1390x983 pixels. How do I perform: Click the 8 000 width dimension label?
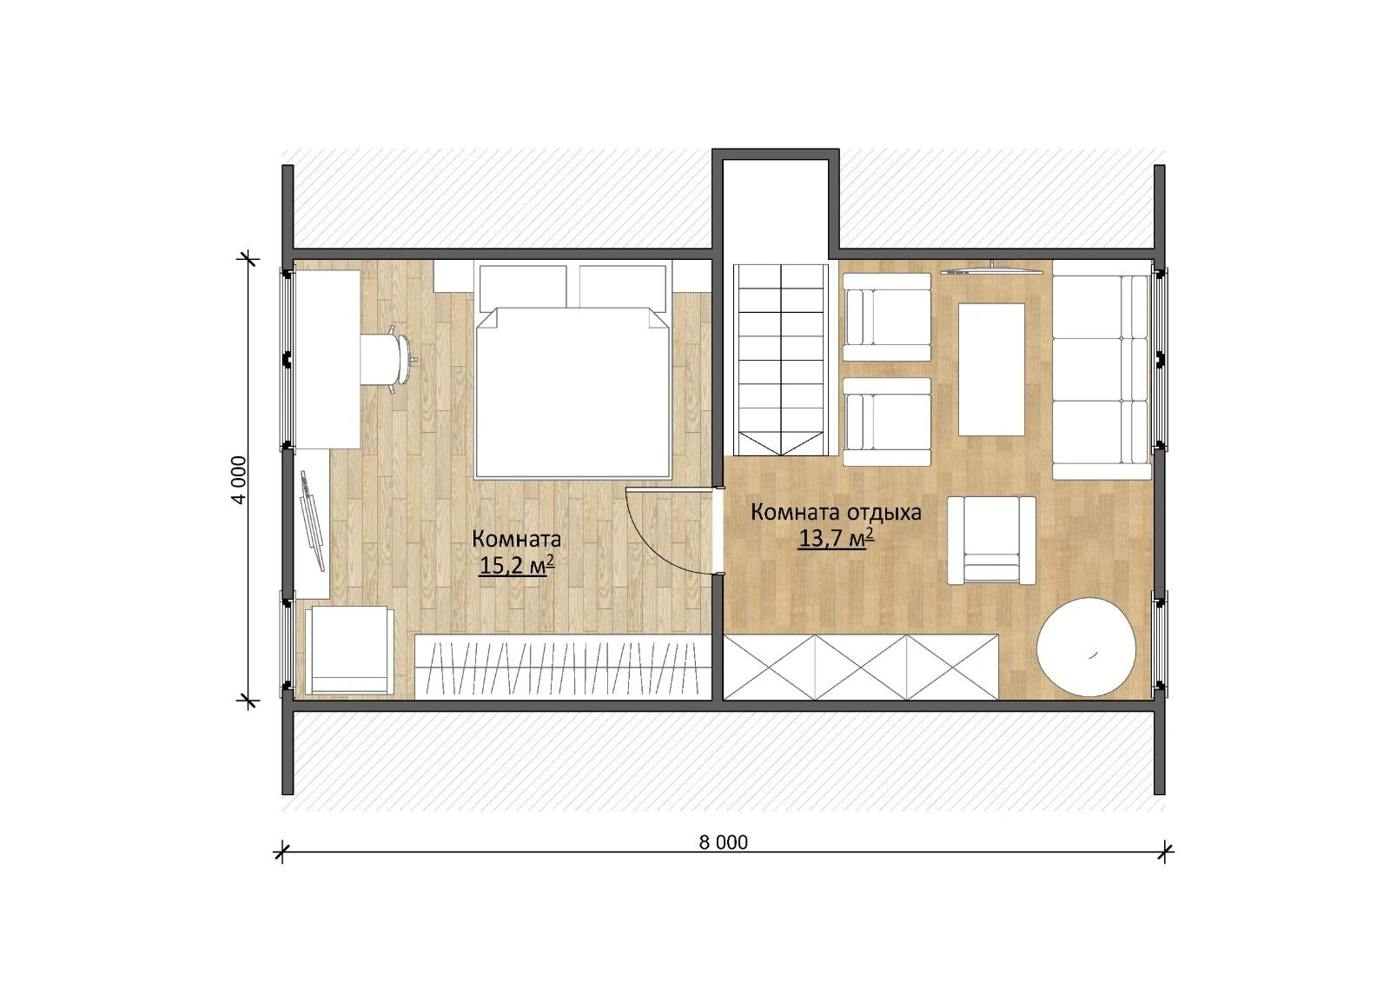point(723,842)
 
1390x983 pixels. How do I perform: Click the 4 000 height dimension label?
point(240,480)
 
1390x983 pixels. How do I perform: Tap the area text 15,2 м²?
point(516,566)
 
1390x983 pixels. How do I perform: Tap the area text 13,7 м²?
point(836,538)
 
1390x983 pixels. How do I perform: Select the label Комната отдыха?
point(836,512)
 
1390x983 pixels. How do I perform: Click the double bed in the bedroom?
point(573,369)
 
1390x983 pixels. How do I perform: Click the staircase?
point(781,360)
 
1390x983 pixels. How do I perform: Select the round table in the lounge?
point(1087,647)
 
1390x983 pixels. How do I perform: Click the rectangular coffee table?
point(991,369)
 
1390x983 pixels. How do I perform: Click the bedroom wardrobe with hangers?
point(563,666)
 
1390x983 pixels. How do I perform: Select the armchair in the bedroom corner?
point(349,649)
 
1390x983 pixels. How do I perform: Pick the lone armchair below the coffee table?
point(991,541)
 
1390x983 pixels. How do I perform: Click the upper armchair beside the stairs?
point(887,316)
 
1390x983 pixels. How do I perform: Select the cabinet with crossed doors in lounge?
point(861,667)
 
